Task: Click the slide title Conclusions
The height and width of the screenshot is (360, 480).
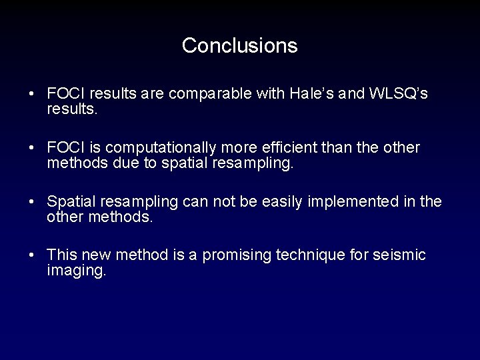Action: click(x=239, y=45)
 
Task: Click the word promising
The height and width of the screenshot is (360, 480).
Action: click(x=236, y=255)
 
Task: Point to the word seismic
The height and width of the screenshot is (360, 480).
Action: click(x=399, y=255)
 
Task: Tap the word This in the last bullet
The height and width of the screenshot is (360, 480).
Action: click(x=63, y=255)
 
